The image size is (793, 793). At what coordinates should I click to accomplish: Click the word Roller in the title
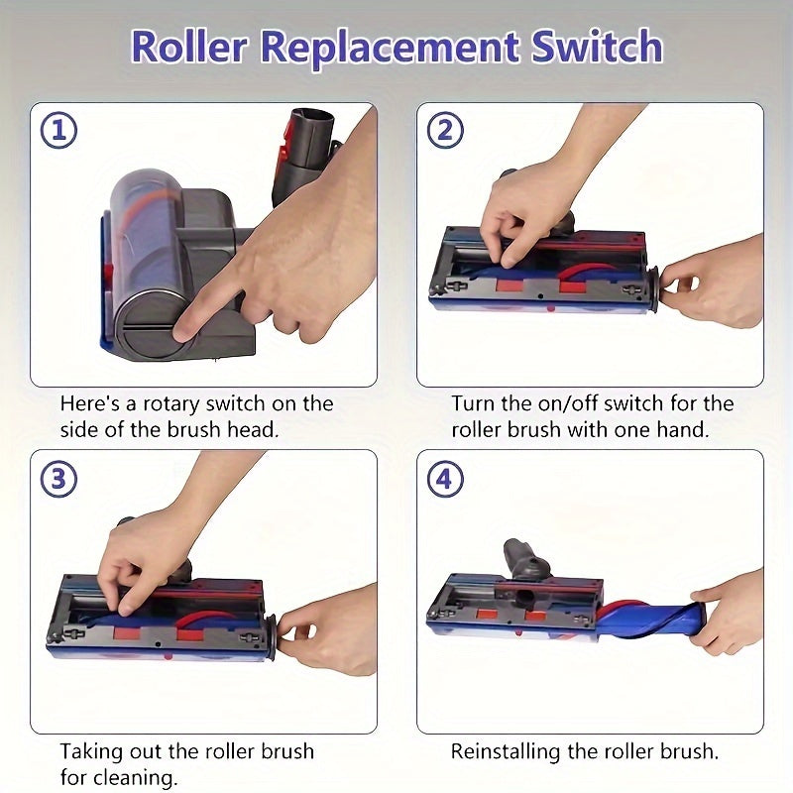coord(189,47)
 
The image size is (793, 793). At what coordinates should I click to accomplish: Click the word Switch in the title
coord(597,47)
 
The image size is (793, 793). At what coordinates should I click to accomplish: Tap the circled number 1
coord(59,131)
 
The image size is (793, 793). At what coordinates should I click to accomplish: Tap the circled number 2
coord(445,131)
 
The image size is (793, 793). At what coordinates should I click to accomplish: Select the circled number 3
coord(59,479)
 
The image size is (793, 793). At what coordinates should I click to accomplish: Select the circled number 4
coord(445,479)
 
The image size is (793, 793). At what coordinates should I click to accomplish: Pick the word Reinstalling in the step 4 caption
coord(506,752)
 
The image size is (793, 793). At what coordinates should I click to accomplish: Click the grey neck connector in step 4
coord(526,561)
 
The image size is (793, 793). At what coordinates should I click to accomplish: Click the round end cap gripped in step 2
coord(653,290)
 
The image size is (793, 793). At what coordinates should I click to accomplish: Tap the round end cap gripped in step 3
coord(271,637)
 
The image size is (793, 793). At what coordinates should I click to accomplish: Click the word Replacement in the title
coord(390,48)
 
